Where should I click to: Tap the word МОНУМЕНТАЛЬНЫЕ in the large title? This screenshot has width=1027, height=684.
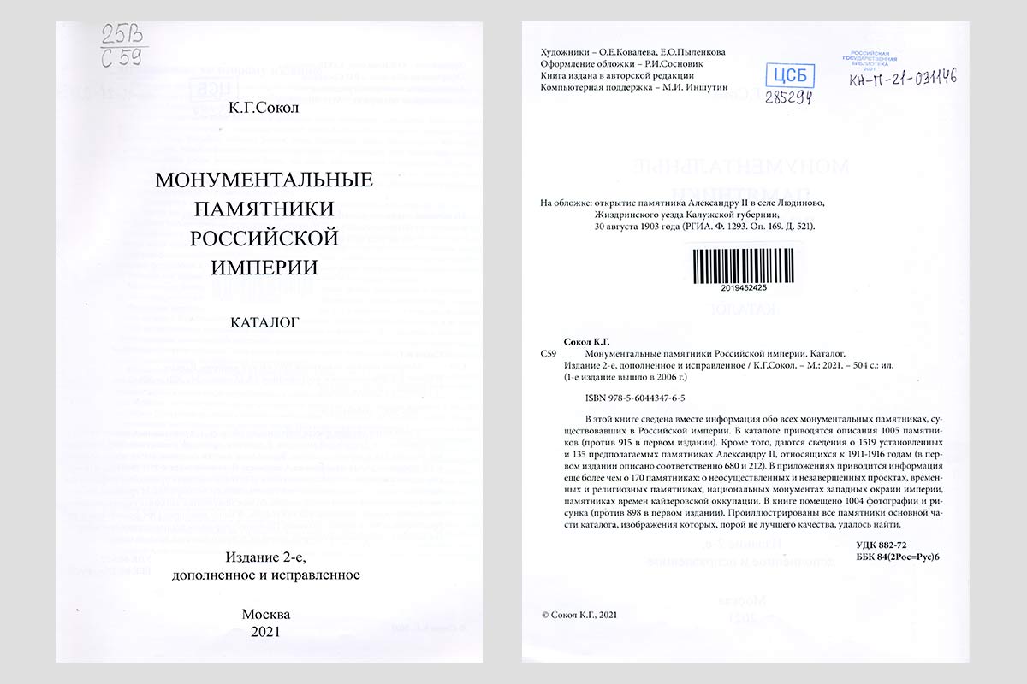point(264,181)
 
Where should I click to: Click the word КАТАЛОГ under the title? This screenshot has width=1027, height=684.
point(264,323)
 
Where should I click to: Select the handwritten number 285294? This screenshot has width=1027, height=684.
point(789,97)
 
